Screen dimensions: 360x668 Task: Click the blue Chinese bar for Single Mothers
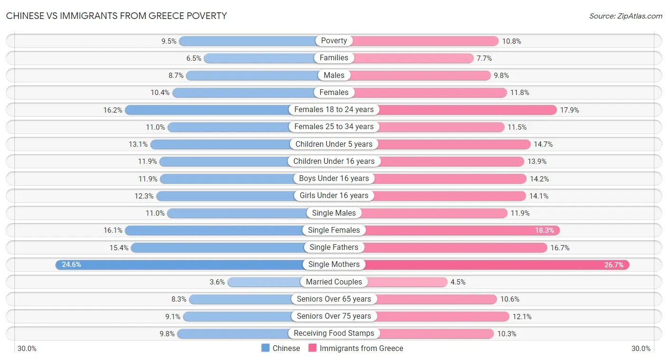click(x=190, y=265)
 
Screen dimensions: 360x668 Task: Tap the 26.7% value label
click(x=614, y=265)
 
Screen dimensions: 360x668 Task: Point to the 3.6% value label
click(x=217, y=282)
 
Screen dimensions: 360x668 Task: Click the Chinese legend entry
click(x=281, y=348)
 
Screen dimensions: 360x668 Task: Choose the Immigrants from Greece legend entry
click(x=356, y=348)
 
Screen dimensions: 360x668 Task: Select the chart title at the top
click(x=116, y=16)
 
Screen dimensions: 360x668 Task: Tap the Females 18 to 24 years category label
click(x=334, y=110)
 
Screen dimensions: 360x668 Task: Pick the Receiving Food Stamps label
click(x=334, y=333)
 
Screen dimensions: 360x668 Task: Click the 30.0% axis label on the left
click(x=27, y=349)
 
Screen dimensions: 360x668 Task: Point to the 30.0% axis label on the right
click(x=641, y=349)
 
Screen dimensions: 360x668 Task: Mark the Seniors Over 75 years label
click(x=334, y=316)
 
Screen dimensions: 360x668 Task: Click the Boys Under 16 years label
click(x=334, y=179)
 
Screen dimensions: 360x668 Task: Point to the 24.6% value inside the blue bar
click(x=71, y=265)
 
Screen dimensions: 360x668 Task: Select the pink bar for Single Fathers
click(x=456, y=247)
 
